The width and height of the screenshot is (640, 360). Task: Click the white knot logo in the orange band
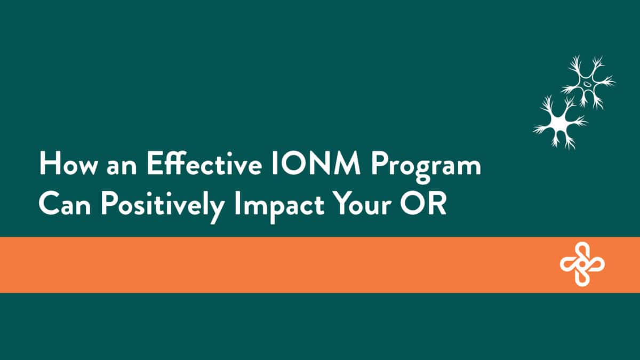click(x=582, y=264)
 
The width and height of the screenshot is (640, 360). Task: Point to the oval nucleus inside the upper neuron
click(x=587, y=83)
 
